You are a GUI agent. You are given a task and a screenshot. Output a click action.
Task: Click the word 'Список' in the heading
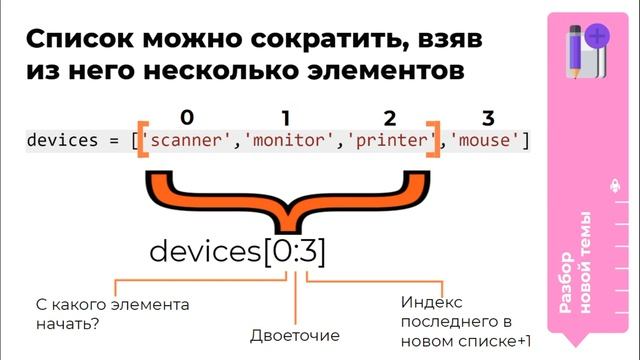(x=74, y=41)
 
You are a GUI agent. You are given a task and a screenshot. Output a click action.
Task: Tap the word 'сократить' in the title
(x=311, y=41)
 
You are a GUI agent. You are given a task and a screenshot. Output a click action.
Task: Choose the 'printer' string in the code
(x=388, y=140)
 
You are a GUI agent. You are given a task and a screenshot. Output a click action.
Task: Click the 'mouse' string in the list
(x=487, y=140)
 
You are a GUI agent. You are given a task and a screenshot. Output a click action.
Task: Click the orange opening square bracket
(x=142, y=140)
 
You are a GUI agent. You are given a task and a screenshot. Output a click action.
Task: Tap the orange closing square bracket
(x=434, y=140)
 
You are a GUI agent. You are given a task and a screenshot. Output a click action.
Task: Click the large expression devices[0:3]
(x=237, y=250)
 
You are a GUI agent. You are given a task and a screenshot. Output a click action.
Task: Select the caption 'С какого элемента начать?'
(x=83, y=313)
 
